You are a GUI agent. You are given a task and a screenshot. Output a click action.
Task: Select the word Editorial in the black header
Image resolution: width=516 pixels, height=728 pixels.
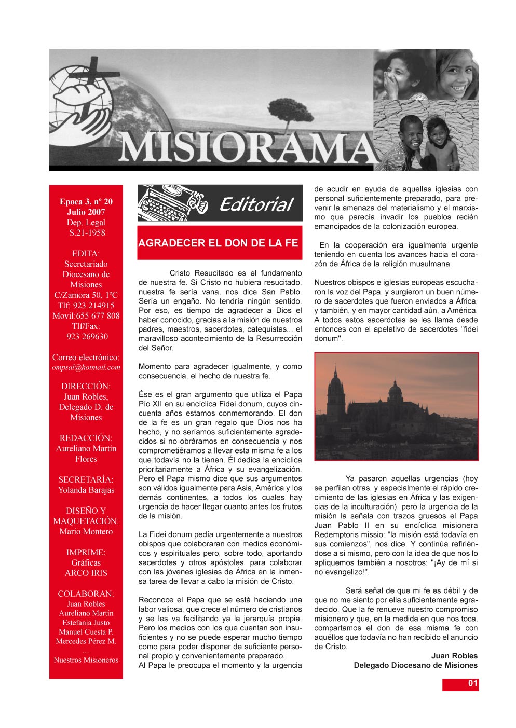pos(256,204)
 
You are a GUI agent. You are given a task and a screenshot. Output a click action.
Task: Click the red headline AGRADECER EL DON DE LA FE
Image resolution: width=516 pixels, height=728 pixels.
pos(219,243)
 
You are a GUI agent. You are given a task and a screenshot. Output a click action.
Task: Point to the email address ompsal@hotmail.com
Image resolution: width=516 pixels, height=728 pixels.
pos(86,367)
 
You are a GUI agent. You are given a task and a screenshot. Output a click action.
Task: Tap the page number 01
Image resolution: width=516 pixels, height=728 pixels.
pos(472,683)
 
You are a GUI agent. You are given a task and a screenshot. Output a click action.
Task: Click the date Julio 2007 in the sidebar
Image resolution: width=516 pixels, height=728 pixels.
pos(86,212)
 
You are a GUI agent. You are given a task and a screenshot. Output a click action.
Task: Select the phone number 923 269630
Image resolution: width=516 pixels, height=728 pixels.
pos(87,336)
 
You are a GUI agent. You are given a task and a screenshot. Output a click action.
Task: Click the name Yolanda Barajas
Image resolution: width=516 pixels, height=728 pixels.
pos(86,490)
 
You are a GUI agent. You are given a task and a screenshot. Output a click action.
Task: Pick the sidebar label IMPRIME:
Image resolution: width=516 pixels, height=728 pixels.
pos(86,552)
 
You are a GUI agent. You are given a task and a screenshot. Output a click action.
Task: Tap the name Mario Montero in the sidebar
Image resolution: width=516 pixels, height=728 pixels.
pos(86,531)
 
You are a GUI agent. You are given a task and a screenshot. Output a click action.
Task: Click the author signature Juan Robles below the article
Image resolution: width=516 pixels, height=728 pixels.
pos(454,656)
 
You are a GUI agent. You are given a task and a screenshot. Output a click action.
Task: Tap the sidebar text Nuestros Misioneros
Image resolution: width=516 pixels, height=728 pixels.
pos(86,660)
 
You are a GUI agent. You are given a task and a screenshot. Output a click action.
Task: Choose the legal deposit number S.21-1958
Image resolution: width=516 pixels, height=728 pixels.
pos(87,232)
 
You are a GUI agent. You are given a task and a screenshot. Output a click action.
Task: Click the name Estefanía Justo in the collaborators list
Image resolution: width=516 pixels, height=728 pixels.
pos(86,623)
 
